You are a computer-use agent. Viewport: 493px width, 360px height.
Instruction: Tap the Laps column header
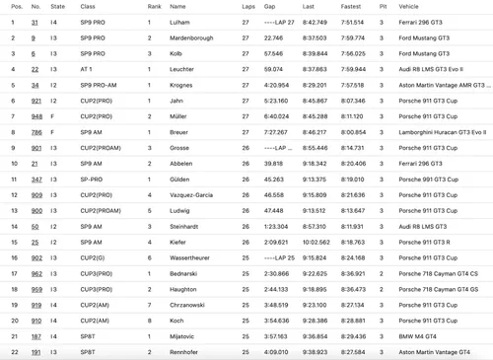click(246, 6)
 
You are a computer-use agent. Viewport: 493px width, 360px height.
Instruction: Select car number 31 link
click(35, 22)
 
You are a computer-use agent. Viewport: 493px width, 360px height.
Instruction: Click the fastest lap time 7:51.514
click(352, 22)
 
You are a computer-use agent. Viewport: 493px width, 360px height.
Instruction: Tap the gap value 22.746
click(273, 37)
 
